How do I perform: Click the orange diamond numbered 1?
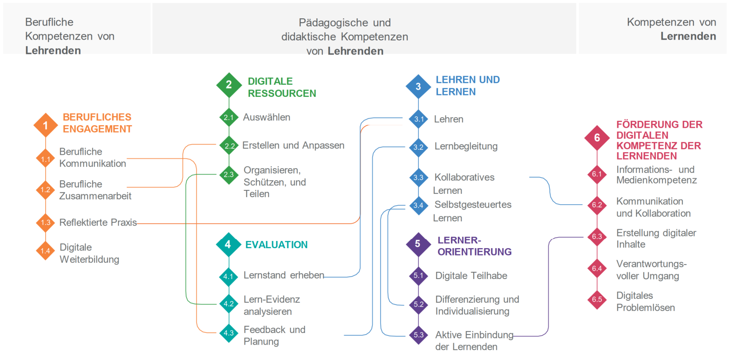(x=45, y=125)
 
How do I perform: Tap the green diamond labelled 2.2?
(x=229, y=146)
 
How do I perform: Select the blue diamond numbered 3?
(x=418, y=86)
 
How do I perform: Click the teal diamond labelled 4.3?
(x=228, y=333)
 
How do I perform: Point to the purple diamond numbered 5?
(x=418, y=244)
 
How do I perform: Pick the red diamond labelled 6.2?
(x=597, y=205)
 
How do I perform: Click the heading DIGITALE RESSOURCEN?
(x=281, y=87)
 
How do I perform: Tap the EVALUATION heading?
(x=276, y=244)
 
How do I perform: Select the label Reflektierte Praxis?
(x=98, y=223)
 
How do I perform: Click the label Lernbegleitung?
(x=465, y=146)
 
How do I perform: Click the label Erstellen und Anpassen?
(x=293, y=145)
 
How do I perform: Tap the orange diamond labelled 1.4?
(x=45, y=251)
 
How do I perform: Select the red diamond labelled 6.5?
(x=597, y=300)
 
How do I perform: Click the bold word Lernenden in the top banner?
(x=688, y=36)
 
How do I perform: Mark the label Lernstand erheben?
(x=283, y=275)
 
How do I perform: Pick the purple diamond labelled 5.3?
(x=418, y=334)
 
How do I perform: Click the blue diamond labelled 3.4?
(x=418, y=206)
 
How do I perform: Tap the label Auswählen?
(x=266, y=117)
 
